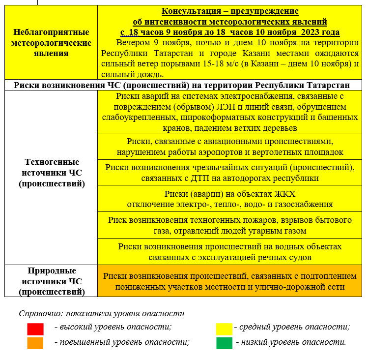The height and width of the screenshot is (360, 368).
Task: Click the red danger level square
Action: tap(35, 329)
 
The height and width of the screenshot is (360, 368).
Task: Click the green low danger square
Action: tap(225, 343)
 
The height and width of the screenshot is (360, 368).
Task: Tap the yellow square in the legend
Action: tap(225, 329)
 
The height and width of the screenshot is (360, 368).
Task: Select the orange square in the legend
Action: tap(35, 343)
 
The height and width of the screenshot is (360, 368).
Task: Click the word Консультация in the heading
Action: tap(187, 11)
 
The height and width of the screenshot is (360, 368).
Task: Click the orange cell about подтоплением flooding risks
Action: tap(230, 281)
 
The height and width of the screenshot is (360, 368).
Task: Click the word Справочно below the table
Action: tap(40, 313)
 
